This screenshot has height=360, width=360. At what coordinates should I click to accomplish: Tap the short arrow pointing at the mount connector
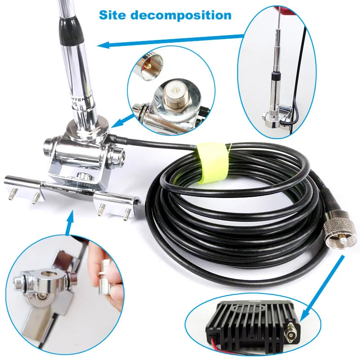pos(123,120)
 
